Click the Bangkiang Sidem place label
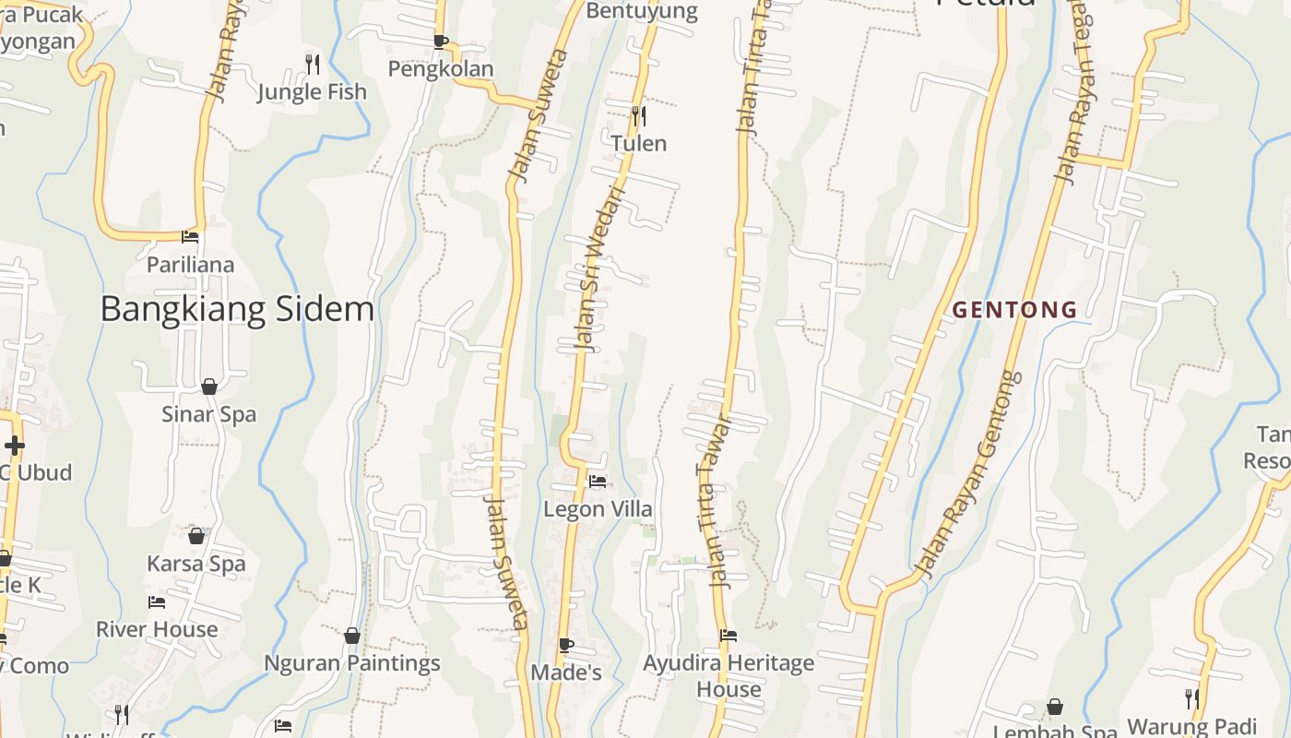(x=237, y=309)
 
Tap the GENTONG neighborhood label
(x=1014, y=310)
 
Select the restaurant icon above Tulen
(x=638, y=115)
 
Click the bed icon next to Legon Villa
(x=598, y=481)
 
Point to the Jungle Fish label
(x=312, y=92)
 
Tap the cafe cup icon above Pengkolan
(x=441, y=42)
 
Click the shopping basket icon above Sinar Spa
(x=209, y=387)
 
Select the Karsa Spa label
(x=196, y=564)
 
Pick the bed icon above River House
(x=157, y=602)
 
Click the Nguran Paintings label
(x=352, y=663)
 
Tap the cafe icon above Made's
(x=566, y=644)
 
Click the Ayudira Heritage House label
(x=728, y=675)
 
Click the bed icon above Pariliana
(x=190, y=237)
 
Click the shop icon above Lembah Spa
(x=1055, y=708)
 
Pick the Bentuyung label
(x=642, y=11)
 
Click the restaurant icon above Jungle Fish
(x=313, y=64)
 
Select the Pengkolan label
(x=441, y=69)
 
